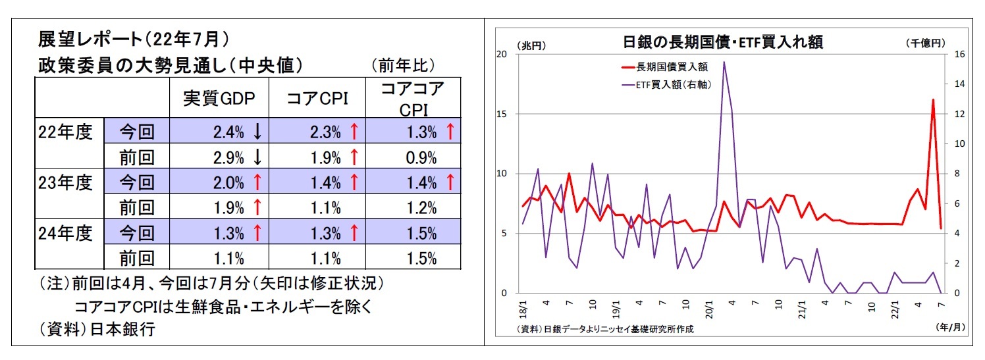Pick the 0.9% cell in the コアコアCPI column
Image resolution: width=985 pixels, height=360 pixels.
click(421, 157)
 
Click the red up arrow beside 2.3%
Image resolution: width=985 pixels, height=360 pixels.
click(354, 132)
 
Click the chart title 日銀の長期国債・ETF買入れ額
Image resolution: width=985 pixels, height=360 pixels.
click(722, 43)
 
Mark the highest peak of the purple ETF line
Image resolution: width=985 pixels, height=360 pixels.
click(724, 63)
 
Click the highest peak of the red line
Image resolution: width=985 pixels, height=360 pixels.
click(933, 100)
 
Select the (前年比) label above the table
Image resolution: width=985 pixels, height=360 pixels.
click(403, 65)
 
